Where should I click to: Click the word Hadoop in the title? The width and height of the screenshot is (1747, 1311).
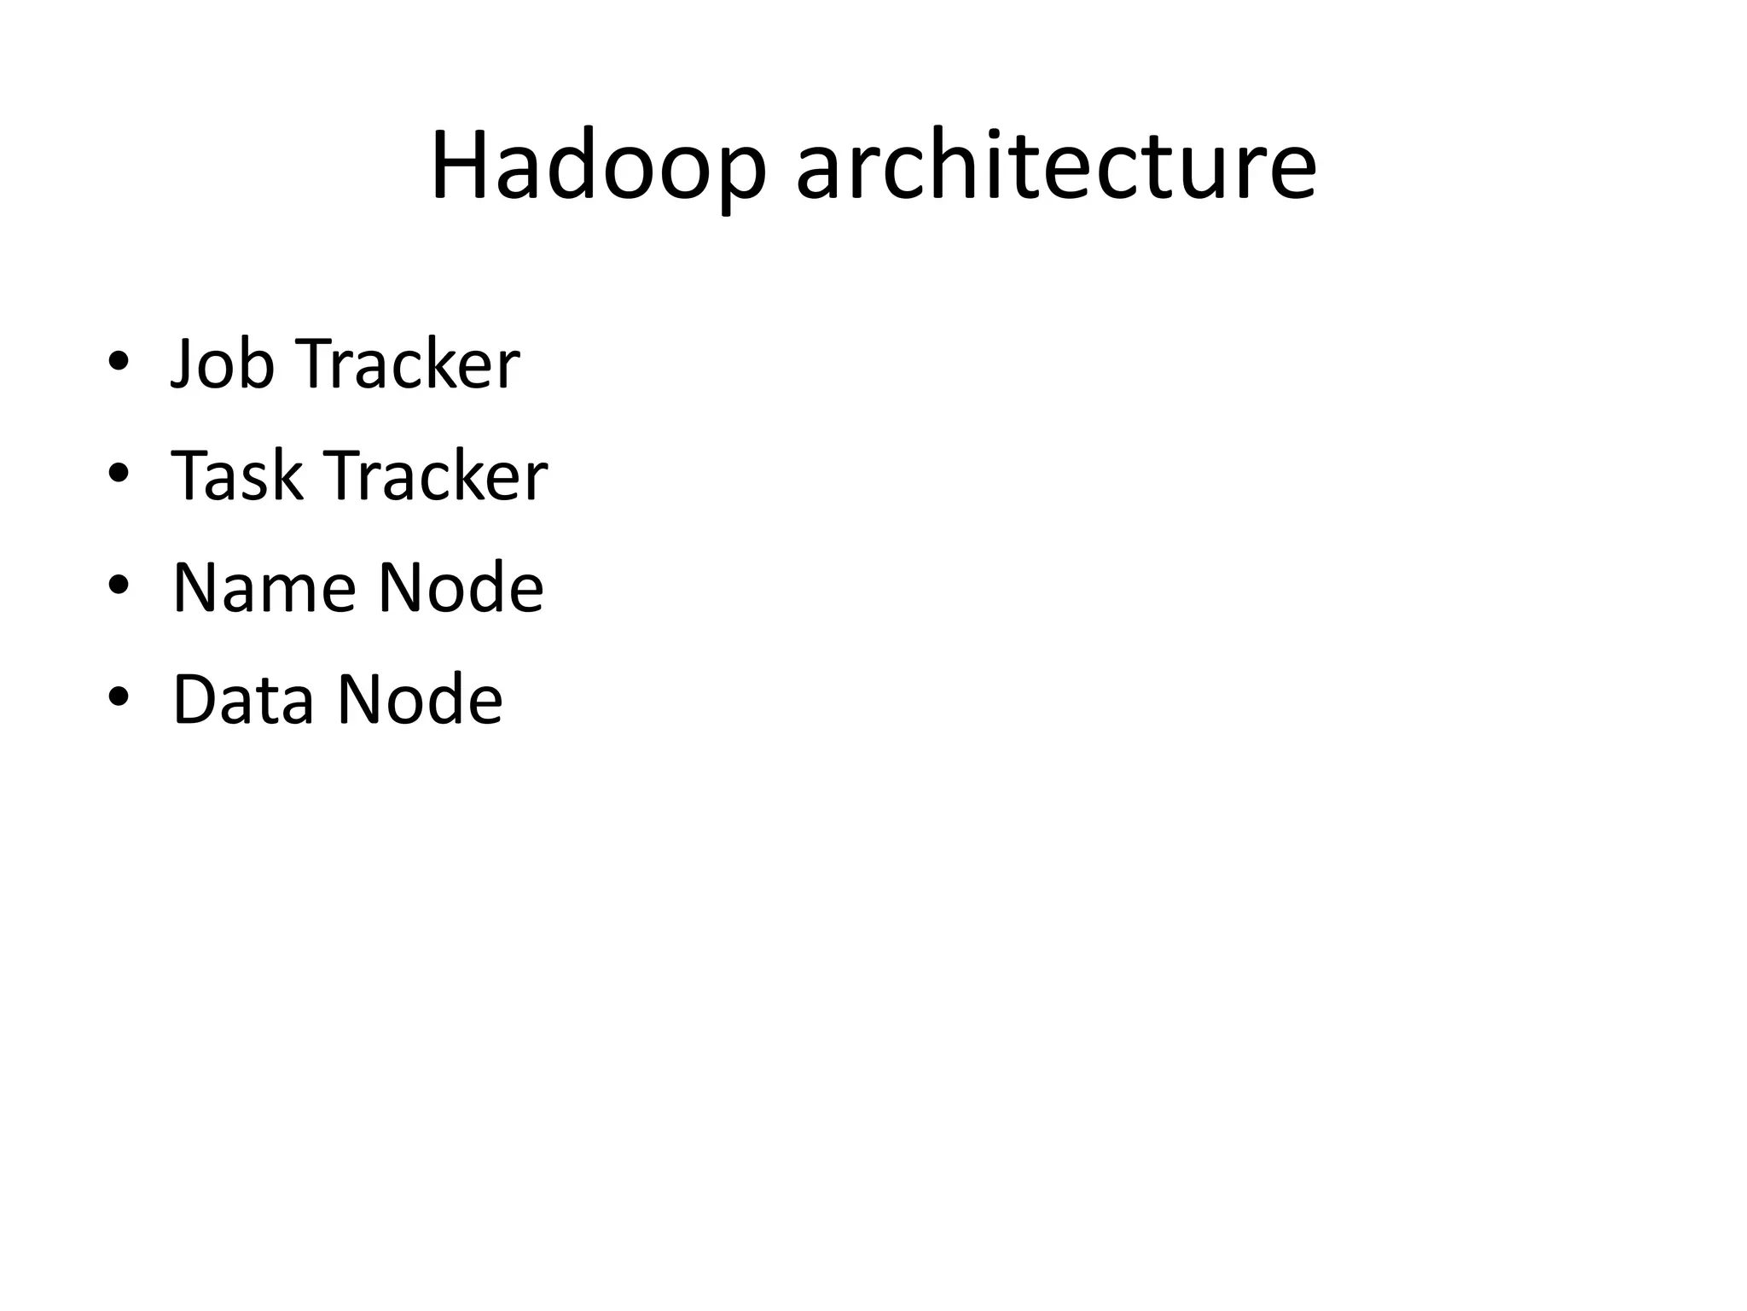pos(598,166)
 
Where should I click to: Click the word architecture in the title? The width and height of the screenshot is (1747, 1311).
pos(1056,166)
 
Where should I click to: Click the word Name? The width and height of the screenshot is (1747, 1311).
pos(264,588)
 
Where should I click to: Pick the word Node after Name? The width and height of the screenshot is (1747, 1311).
pos(461,588)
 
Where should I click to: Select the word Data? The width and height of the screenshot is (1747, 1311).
pos(243,700)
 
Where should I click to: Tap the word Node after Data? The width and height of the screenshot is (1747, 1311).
pos(420,700)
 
